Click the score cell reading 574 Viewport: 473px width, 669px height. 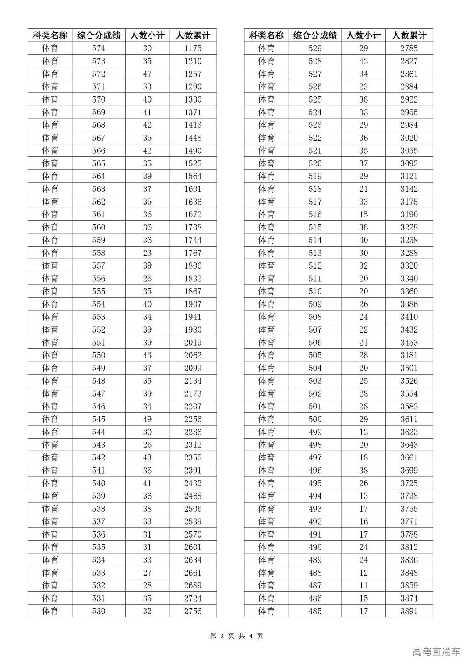coord(99,48)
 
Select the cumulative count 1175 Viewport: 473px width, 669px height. coord(193,48)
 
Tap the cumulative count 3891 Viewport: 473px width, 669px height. coord(409,611)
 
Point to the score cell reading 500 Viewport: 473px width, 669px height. coord(315,419)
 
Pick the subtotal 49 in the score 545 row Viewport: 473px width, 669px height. coord(147,419)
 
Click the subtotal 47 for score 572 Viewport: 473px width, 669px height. coord(147,74)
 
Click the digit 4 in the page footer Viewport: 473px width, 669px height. coord(251,636)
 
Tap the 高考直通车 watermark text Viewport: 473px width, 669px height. coord(437,651)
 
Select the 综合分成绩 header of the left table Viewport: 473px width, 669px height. coord(99,35)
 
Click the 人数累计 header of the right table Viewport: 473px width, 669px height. coord(409,35)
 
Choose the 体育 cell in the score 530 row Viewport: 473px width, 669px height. coord(50,611)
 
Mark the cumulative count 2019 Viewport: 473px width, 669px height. coord(193,342)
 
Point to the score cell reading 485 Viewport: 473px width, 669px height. coord(315,611)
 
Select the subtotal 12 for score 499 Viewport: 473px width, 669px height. coord(364,432)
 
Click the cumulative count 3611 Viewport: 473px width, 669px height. coord(409,419)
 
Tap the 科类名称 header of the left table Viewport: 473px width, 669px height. coord(50,35)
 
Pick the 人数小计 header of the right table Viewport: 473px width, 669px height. coord(364,35)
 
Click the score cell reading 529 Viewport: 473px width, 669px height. coord(315,48)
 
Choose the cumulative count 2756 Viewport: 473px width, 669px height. coord(193,611)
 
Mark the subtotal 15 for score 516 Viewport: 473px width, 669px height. coord(364,214)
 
